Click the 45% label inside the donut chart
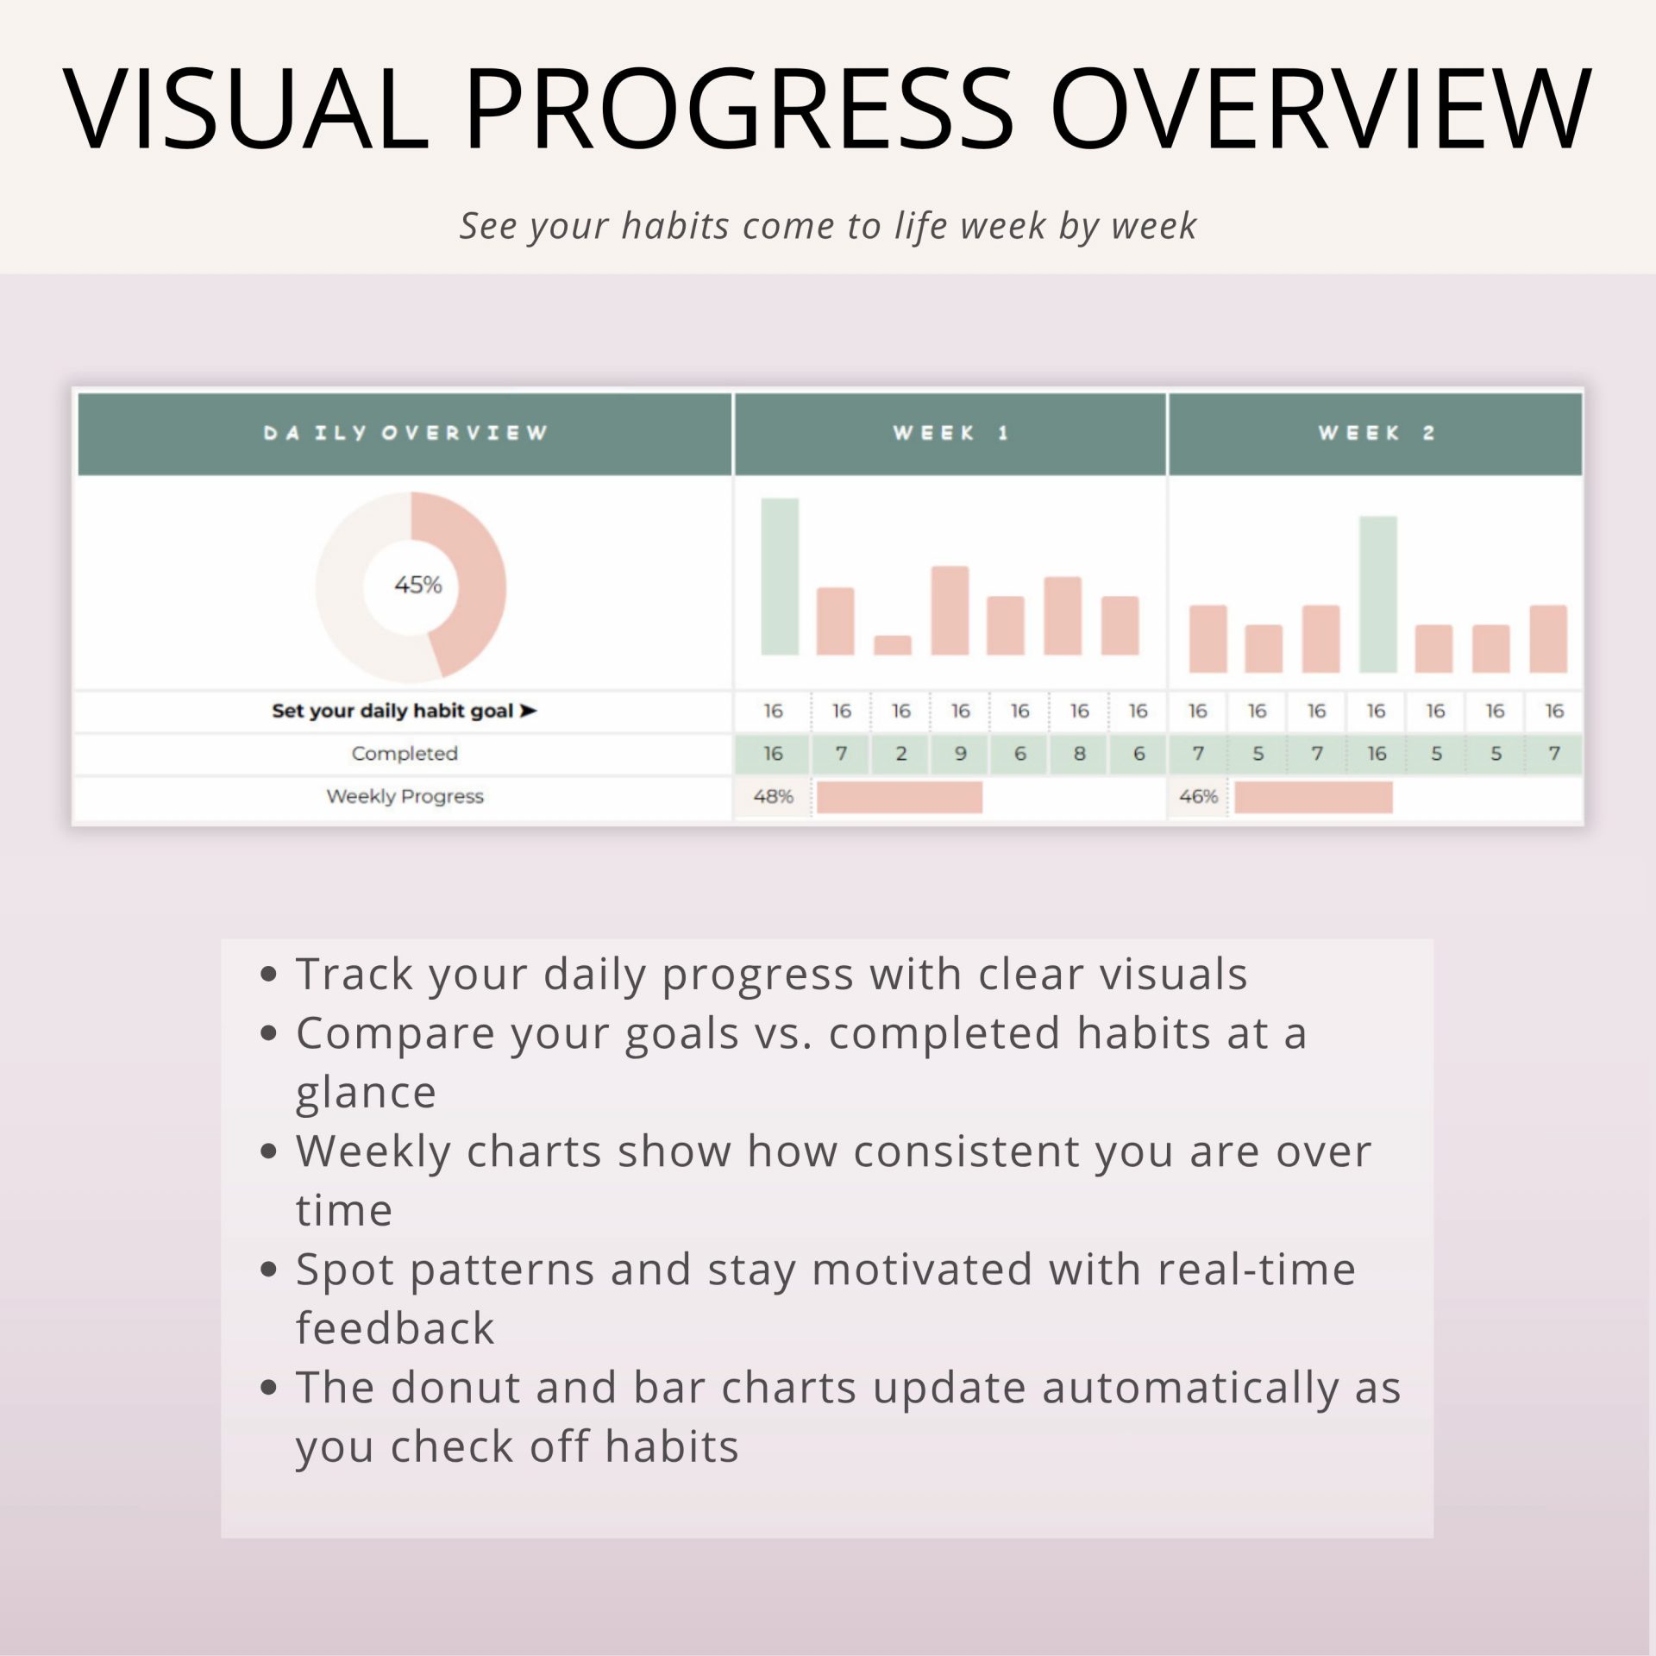coord(418,585)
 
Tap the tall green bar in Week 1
coord(780,576)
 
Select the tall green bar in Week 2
coord(1378,594)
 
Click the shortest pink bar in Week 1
coord(893,645)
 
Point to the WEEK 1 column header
coord(950,433)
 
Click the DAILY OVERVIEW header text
coord(405,433)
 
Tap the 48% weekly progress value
coord(773,796)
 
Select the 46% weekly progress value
coord(1198,796)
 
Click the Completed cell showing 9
coord(960,754)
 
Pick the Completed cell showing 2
coord(900,754)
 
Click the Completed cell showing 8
coord(1079,754)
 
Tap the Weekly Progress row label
coord(405,796)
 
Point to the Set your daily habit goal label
coord(405,711)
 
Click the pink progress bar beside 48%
coord(900,797)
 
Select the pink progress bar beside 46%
coord(1314,797)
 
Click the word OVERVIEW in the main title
coord(1320,110)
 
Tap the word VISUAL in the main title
coord(246,110)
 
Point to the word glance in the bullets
coord(366,1095)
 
